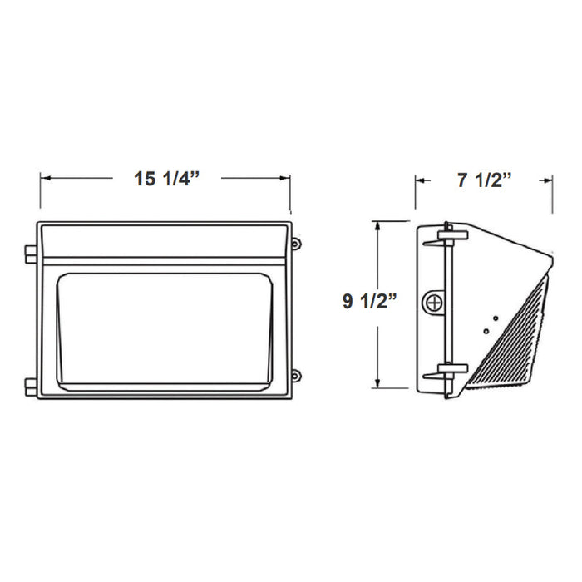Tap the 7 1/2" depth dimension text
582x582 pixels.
485,180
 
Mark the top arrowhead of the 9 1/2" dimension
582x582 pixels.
379,225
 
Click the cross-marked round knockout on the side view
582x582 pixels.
433,303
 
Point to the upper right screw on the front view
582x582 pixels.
296,243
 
